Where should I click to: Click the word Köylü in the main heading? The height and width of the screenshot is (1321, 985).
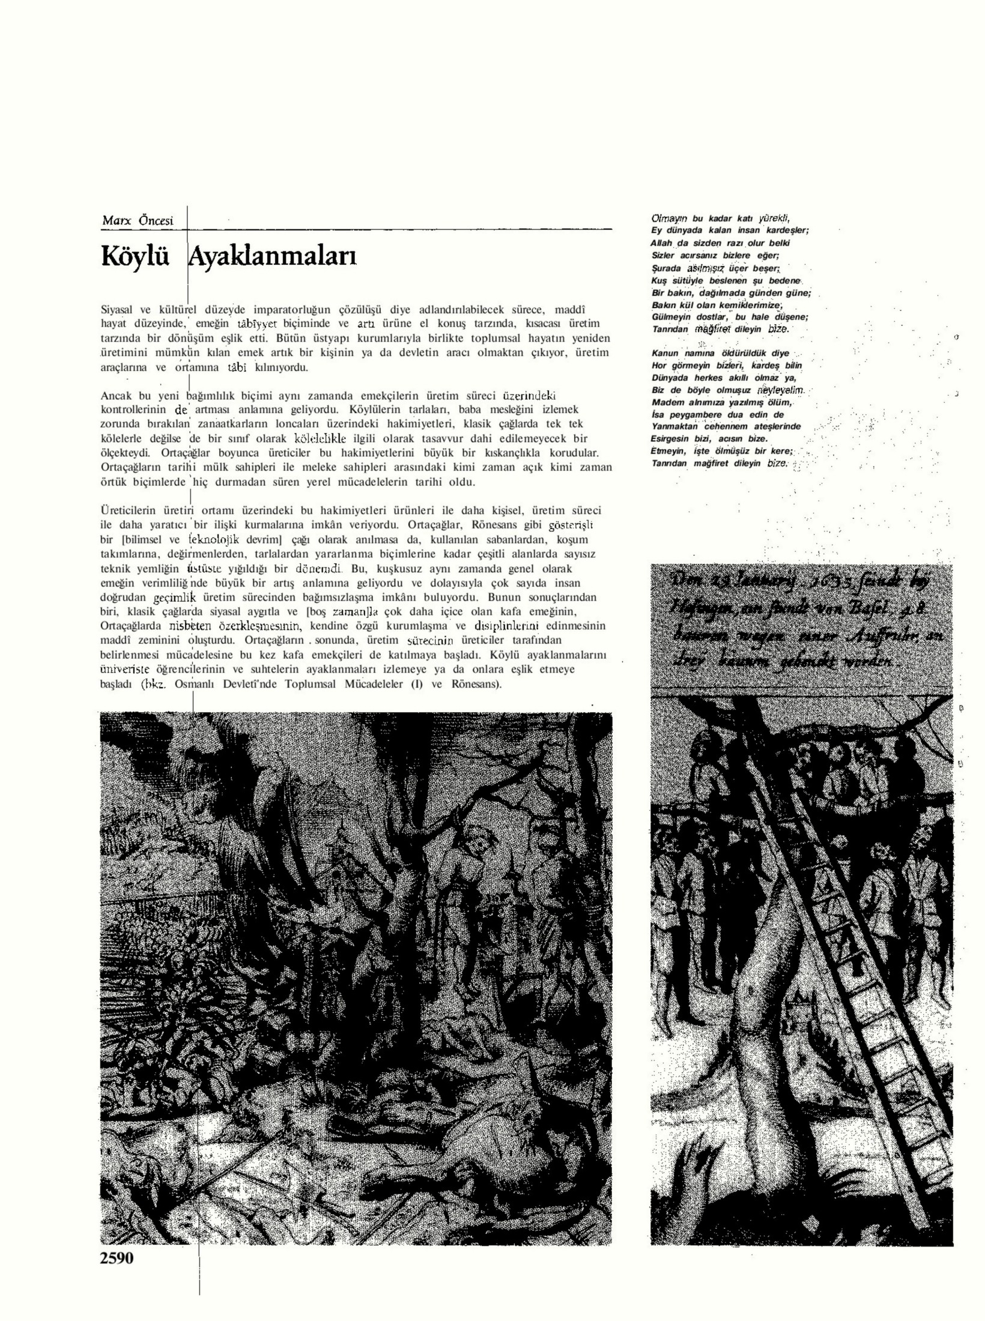(135, 256)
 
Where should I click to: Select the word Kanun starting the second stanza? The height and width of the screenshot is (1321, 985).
(665, 353)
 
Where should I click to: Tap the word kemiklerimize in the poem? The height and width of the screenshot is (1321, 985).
(757, 305)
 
